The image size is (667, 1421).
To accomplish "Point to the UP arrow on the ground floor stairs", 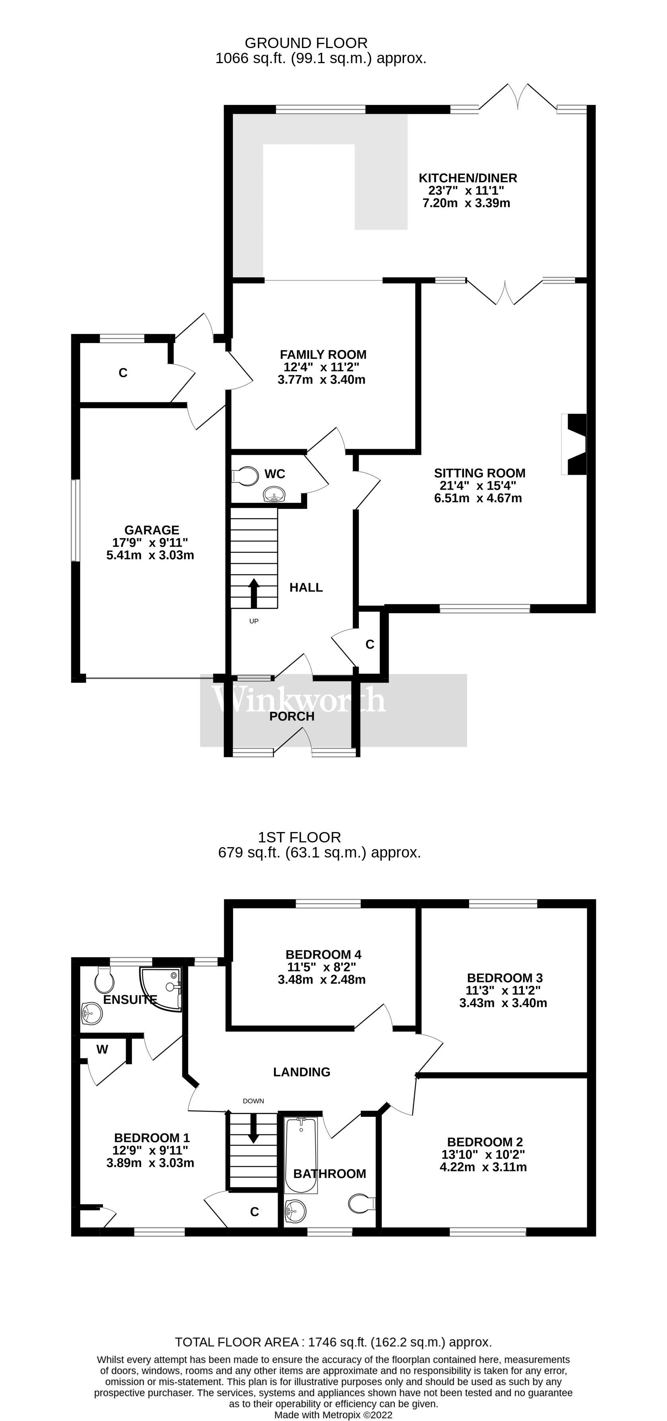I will pos(254,593).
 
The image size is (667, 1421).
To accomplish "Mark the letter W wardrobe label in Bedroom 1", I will pos(102,1050).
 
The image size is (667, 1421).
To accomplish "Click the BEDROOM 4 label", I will pos(323,954).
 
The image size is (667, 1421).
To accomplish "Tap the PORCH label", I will pos(292,716).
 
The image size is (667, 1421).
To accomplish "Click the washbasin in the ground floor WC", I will pos(274,494).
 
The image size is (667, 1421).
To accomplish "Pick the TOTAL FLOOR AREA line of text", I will pos(333,1342).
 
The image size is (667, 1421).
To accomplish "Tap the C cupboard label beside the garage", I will pos(123,373).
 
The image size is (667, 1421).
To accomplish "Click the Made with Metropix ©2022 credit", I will pos(333,1415).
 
